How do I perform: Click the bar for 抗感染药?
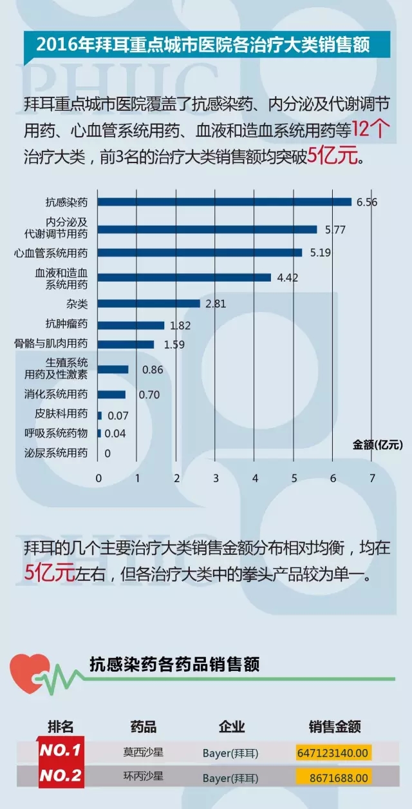click(x=225, y=202)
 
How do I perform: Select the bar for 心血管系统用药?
click(x=200, y=253)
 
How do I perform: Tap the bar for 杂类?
click(x=149, y=303)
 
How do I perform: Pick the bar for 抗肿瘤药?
click(x=131, y=326)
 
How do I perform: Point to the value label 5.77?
click(x=335, y=229)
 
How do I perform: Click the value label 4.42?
click(x=287, y=278)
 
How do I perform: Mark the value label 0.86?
click(x=152, y=370)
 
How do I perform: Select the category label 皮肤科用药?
click(x=61, y=413)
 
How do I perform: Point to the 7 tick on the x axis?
click(x=372, y=478)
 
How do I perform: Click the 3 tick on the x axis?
click(x=216, y=478)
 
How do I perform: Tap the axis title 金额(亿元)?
click(x=377, y=444)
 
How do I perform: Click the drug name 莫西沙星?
click(x=143, y=751)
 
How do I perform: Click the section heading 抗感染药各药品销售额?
click(x=174, y=664)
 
